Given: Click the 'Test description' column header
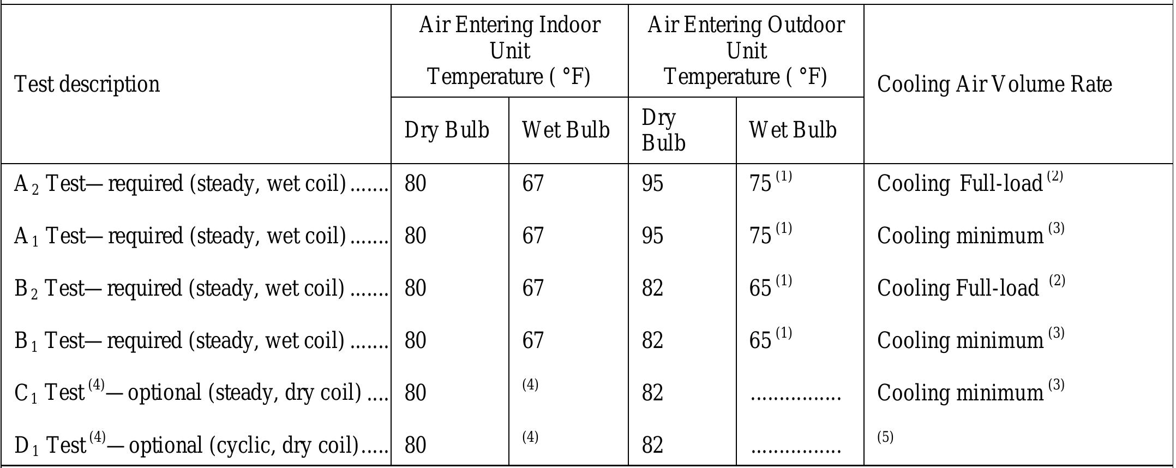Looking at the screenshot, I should point(87,84).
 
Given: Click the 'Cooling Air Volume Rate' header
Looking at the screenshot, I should point(994,84).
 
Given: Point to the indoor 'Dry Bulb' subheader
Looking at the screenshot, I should point(447,130).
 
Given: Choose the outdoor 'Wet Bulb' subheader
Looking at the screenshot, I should point(793,130).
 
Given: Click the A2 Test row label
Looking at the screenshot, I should point(180,183).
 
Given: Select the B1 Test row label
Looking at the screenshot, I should point(179,340).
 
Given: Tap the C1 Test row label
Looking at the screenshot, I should point(188,392).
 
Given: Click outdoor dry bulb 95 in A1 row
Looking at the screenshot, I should point(652,236).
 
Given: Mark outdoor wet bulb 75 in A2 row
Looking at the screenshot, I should point(760,183).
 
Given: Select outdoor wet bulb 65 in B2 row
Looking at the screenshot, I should point(760,288).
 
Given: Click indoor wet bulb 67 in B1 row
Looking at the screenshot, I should point(533,340).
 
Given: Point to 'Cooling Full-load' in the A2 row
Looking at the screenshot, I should point(960,183).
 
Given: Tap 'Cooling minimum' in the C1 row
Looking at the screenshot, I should point(960,392).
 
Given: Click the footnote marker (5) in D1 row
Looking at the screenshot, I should point(885,437).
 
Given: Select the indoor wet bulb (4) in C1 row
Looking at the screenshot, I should point(530,385).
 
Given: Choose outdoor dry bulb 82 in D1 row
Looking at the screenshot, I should point(652,445).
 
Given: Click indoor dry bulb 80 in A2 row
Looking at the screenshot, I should point(415,183).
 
